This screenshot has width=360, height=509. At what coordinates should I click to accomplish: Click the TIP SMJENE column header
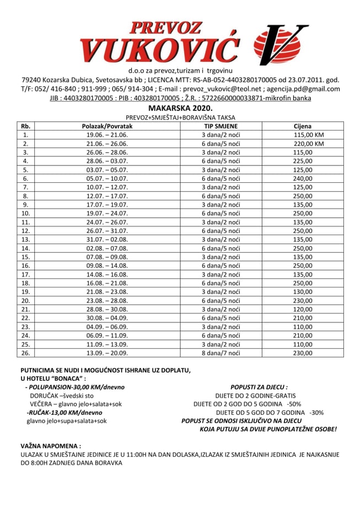pyautogui.click(x=221, y=126)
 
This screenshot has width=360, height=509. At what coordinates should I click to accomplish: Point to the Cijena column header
pyautogui.click(x=303, y=126)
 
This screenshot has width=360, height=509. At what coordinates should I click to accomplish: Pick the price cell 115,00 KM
pyautogui.click(x=309, y=134)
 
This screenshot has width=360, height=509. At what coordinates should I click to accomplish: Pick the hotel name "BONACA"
pyautogui.click(x=67, y=378)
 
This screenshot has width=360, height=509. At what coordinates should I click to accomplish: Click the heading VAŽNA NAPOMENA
pyautogui.click(x=50, y=445)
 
